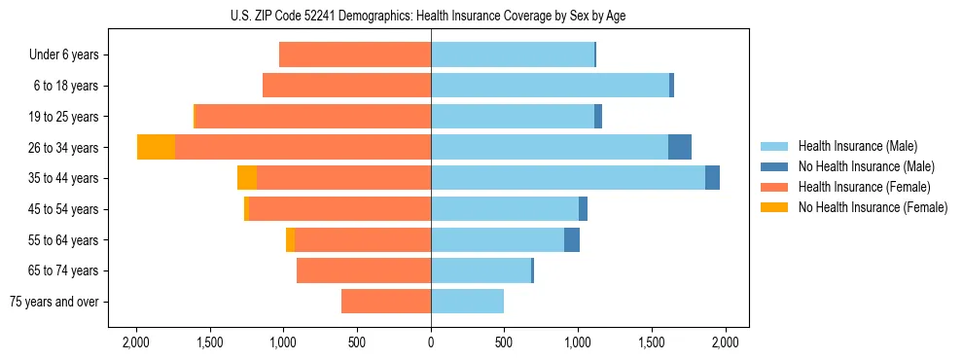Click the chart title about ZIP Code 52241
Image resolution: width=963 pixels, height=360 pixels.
[430, 16]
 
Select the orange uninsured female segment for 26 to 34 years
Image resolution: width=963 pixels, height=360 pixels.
[156, 147]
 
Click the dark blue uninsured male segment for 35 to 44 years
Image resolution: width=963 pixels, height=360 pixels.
[712, 178]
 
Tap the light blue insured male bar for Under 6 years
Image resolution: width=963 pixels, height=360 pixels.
[512, 54]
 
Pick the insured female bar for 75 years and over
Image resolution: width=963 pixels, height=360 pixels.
[386, 302]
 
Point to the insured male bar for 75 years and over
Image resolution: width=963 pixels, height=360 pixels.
[467, 302]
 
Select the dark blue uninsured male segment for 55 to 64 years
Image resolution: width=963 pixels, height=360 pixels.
[572, 239]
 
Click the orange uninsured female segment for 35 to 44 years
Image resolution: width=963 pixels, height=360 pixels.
[247, 178]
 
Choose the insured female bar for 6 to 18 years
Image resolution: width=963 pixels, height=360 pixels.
[346, 86]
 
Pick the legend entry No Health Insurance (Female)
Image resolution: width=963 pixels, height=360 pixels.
[873, 207]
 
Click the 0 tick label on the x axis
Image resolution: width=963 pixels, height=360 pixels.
[431, 342]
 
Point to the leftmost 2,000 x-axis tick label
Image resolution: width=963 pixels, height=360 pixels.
[136, 342]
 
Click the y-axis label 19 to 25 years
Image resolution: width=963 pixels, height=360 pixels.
[65, 117]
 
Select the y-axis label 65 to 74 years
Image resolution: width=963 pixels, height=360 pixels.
[65, 270]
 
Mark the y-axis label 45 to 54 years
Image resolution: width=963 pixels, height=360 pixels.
[65, 209]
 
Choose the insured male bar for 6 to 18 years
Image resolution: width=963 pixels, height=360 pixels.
[550, 86]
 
